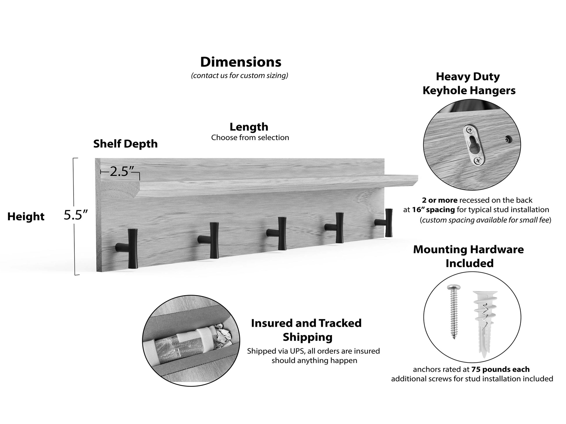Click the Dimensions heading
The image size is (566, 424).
(x=241, y=62)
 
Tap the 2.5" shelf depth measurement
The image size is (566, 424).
(x=119, y=172)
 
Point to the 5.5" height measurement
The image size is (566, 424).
(x=75, y=215)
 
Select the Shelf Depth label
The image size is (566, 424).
(x=125, y=144)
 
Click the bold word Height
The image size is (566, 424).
(x=26, y=216)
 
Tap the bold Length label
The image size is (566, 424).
(x=249, y=127)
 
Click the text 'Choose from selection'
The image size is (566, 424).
(x=250, y=138)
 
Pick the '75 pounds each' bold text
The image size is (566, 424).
(x=500, y=369)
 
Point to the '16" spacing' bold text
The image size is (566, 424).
(x=433, y=209)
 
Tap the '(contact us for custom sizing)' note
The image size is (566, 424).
(x=239, y=76)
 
